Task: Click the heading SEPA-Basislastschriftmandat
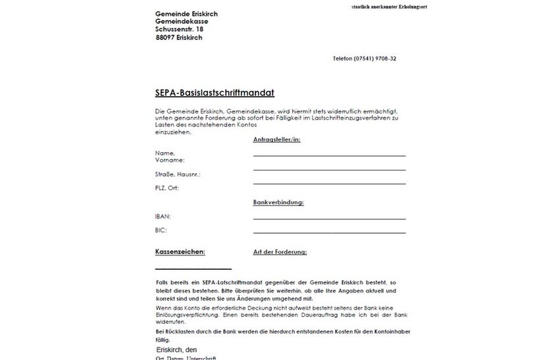coord(215,93)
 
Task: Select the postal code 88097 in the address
coord(165,38)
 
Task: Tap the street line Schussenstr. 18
coord(180,30)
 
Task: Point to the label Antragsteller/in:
coord(276,140)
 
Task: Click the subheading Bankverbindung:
coord(278,203)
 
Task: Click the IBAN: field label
coord(163,216)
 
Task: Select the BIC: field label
coord(161,230)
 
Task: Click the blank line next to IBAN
coord(329,219)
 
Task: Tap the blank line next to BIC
coord(329,232)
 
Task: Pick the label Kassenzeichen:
coord(180,251)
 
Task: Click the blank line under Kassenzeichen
coord(193,269)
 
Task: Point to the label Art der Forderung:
coord(280,252)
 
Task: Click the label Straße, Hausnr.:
coord(178,174)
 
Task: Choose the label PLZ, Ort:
coord(166,188)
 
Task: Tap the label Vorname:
coord(170,160)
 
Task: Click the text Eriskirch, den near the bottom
coord(176,349)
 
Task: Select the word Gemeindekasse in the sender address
coord(182,22)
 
